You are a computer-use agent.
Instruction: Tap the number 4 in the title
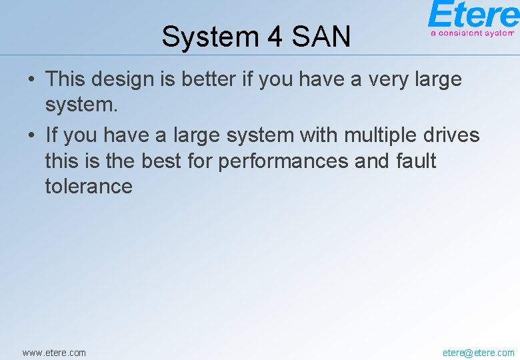(x=275, y=37)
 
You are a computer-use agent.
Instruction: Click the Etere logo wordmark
(x=473, y=15)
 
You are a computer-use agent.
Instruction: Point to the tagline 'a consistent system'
(x=473, y=32)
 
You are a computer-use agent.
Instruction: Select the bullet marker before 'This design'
(x=31, y=80)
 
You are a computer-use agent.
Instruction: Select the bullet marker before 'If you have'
(x=31, y=136)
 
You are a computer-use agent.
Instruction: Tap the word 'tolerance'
(x=89, y=186)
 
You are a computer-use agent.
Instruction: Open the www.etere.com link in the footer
(x=54, y=352)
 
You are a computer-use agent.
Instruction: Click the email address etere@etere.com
(x=478, y=352)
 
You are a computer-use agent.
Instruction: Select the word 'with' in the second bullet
(x=319, y=135)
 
